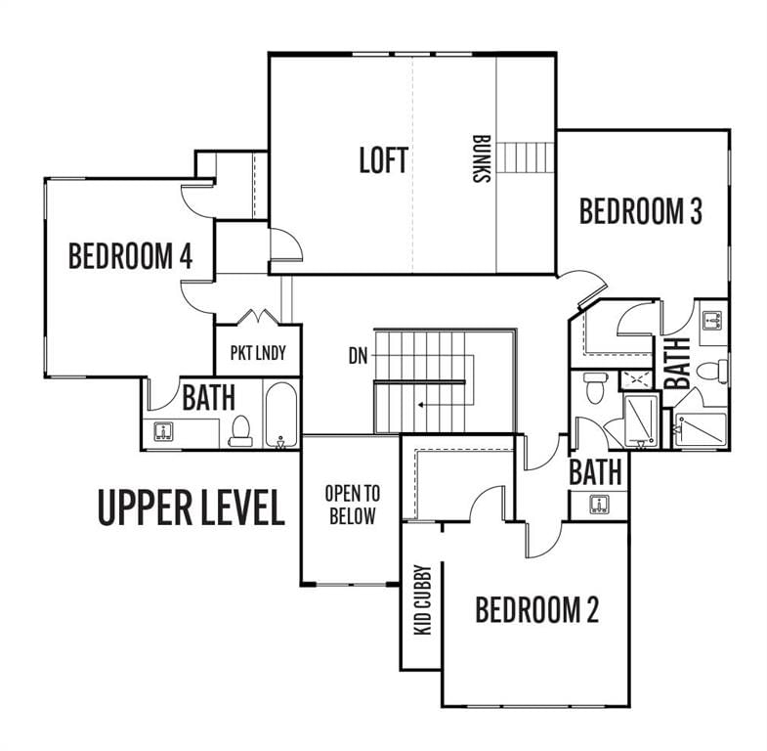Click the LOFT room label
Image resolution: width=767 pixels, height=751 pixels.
[383, 160]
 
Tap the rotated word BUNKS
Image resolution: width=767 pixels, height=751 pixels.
[482, 158]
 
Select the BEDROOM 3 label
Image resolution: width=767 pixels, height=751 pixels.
[641, 211]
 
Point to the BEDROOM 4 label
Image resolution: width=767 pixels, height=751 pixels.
[131, 255]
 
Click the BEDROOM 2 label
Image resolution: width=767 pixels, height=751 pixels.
[537, 609]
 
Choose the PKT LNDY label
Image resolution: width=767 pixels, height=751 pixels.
[258, 353]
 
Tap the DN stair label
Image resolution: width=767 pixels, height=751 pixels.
[358, 356]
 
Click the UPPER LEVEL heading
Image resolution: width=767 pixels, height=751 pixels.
[192, 508]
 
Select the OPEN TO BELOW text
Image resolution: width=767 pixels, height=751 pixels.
[352, 505]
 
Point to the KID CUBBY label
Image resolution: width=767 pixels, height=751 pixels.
[423, 599]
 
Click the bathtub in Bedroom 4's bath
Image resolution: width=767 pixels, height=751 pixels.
[280, 416]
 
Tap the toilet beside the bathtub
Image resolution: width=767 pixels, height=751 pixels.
[240, 432]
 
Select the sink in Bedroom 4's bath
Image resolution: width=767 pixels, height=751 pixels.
[163, 432]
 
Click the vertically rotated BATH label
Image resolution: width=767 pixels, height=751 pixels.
[677, 363]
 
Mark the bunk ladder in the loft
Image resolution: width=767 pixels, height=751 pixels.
[526, 157]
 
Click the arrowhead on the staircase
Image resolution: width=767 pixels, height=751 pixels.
[420, 405]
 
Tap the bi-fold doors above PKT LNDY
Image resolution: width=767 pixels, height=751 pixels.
[258, 316]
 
